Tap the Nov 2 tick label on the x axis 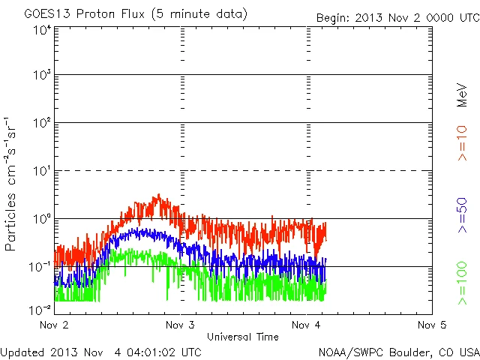54,325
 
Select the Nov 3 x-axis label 180,325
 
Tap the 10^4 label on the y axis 41,29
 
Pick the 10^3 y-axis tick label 41,75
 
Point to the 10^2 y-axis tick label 41,123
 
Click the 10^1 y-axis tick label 41,171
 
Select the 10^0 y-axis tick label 41,219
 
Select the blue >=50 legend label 462,217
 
